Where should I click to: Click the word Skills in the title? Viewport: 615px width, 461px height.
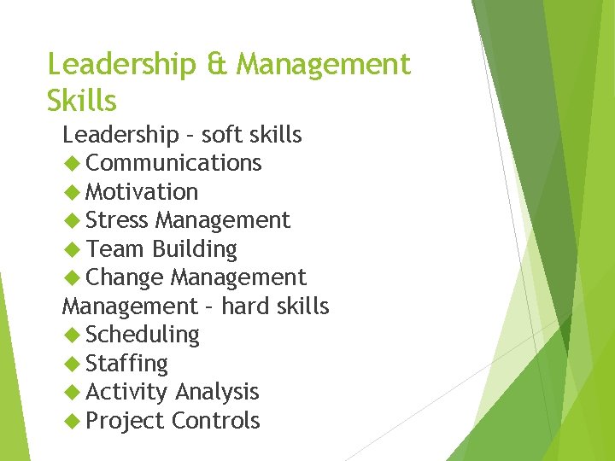pos(82,100)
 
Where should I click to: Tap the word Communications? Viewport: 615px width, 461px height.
pos(173,163)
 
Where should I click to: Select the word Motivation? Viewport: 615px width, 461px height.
pos(142,191)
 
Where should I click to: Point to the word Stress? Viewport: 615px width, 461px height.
pos(117,220)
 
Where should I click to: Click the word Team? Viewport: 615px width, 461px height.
pos(115,249)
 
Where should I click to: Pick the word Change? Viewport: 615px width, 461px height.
pos(125,278)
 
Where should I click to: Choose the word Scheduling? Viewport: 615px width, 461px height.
pos(142,335)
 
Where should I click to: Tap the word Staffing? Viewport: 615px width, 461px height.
pos(126,364)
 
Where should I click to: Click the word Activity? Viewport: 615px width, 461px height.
pos(126,392)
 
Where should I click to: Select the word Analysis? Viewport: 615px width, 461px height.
pos(217,392)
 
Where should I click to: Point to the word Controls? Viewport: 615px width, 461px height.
pos(216,421)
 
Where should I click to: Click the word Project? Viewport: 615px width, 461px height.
pos(125,421)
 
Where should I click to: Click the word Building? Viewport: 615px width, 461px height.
pos(194,249)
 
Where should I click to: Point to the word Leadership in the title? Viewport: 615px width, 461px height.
pos(123,64)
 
